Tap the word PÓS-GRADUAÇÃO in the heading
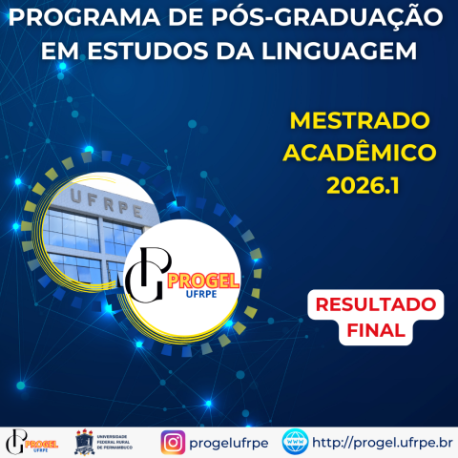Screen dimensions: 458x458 coord(309,19)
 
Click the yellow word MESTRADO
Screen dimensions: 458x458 coord(360,121)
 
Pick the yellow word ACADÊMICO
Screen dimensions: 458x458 coord(360,153)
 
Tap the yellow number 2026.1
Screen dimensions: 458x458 coord(360,184)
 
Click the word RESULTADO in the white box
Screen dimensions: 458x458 coord(375,306)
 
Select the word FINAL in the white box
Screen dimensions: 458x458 coord(375,332)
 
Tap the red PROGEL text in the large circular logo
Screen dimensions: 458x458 coord(203,280)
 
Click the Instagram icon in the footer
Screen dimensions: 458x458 coord(173,443)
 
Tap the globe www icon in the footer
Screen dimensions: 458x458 coord(295,443)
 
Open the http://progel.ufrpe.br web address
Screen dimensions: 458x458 coord(383,443)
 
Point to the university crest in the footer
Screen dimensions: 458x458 coord(83,443)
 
